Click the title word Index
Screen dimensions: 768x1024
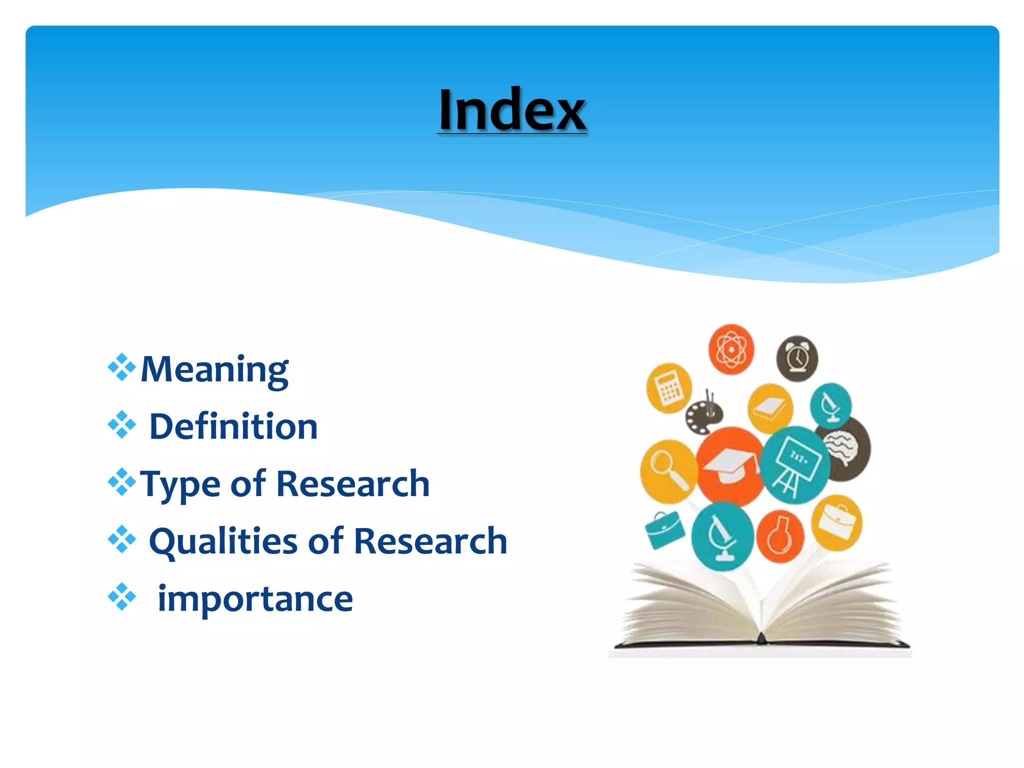pos(511,110)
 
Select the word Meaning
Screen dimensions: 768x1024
pos(214,369)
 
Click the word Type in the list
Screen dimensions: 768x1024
pos(180,484)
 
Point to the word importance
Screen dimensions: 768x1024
pos(255,598)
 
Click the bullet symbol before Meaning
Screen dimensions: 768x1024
pos(121,367)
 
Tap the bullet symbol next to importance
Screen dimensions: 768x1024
pos(121,596)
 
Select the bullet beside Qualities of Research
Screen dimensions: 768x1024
pos(121,539)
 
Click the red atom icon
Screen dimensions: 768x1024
pos(731,349)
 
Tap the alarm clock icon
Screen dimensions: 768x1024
pos(797,358)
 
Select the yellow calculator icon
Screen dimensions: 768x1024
pos(668,388)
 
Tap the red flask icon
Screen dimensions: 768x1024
pos(779,536)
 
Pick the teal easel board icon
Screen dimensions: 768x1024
pos(795,464)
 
